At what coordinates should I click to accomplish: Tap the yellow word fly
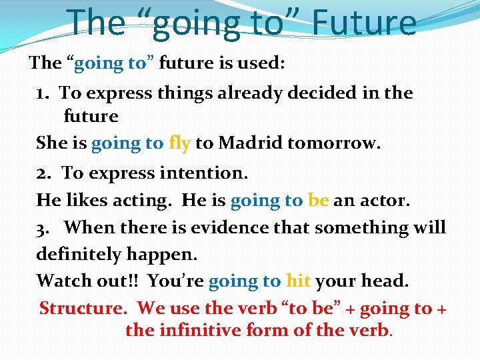point(180,143)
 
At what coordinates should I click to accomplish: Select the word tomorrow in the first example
point(339,143)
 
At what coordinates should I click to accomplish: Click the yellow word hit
point(298,281)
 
